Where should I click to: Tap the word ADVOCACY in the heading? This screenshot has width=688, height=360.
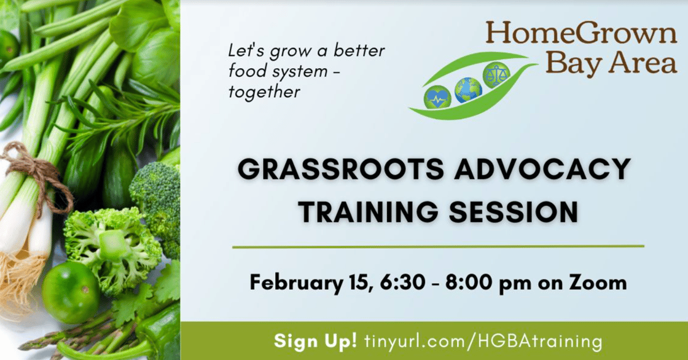(x=543, y=170)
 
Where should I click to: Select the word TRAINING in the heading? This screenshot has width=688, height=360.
(x=368, y=211)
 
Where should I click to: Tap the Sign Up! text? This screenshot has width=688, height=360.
(x=316, y=341)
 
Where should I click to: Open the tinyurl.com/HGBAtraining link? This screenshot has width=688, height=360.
(x=483, y=342)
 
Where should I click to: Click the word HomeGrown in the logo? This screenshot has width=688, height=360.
(x=581, y=33)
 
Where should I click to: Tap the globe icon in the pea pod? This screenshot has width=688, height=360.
(x=468, y=90)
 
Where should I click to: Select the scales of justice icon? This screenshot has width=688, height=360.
(x=496, y=74)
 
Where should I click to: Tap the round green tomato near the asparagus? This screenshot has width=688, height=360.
(x=71, y=292)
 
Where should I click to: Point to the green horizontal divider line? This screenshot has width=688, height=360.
(x=439, y=247)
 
